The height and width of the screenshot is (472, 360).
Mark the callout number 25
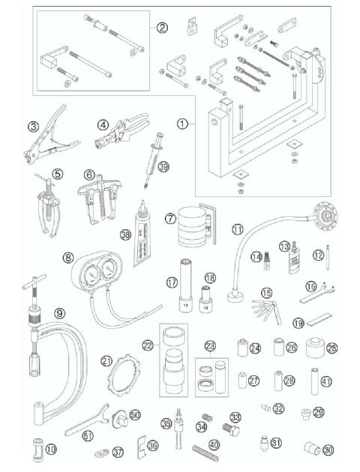pos(331,348)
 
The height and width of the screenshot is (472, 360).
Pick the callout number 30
pos(328,450)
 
